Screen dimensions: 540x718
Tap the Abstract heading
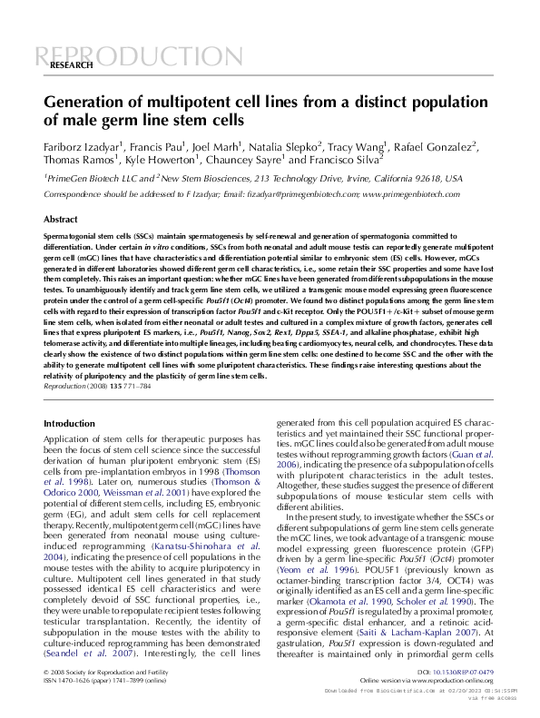61,220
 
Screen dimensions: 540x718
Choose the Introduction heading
69,424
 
